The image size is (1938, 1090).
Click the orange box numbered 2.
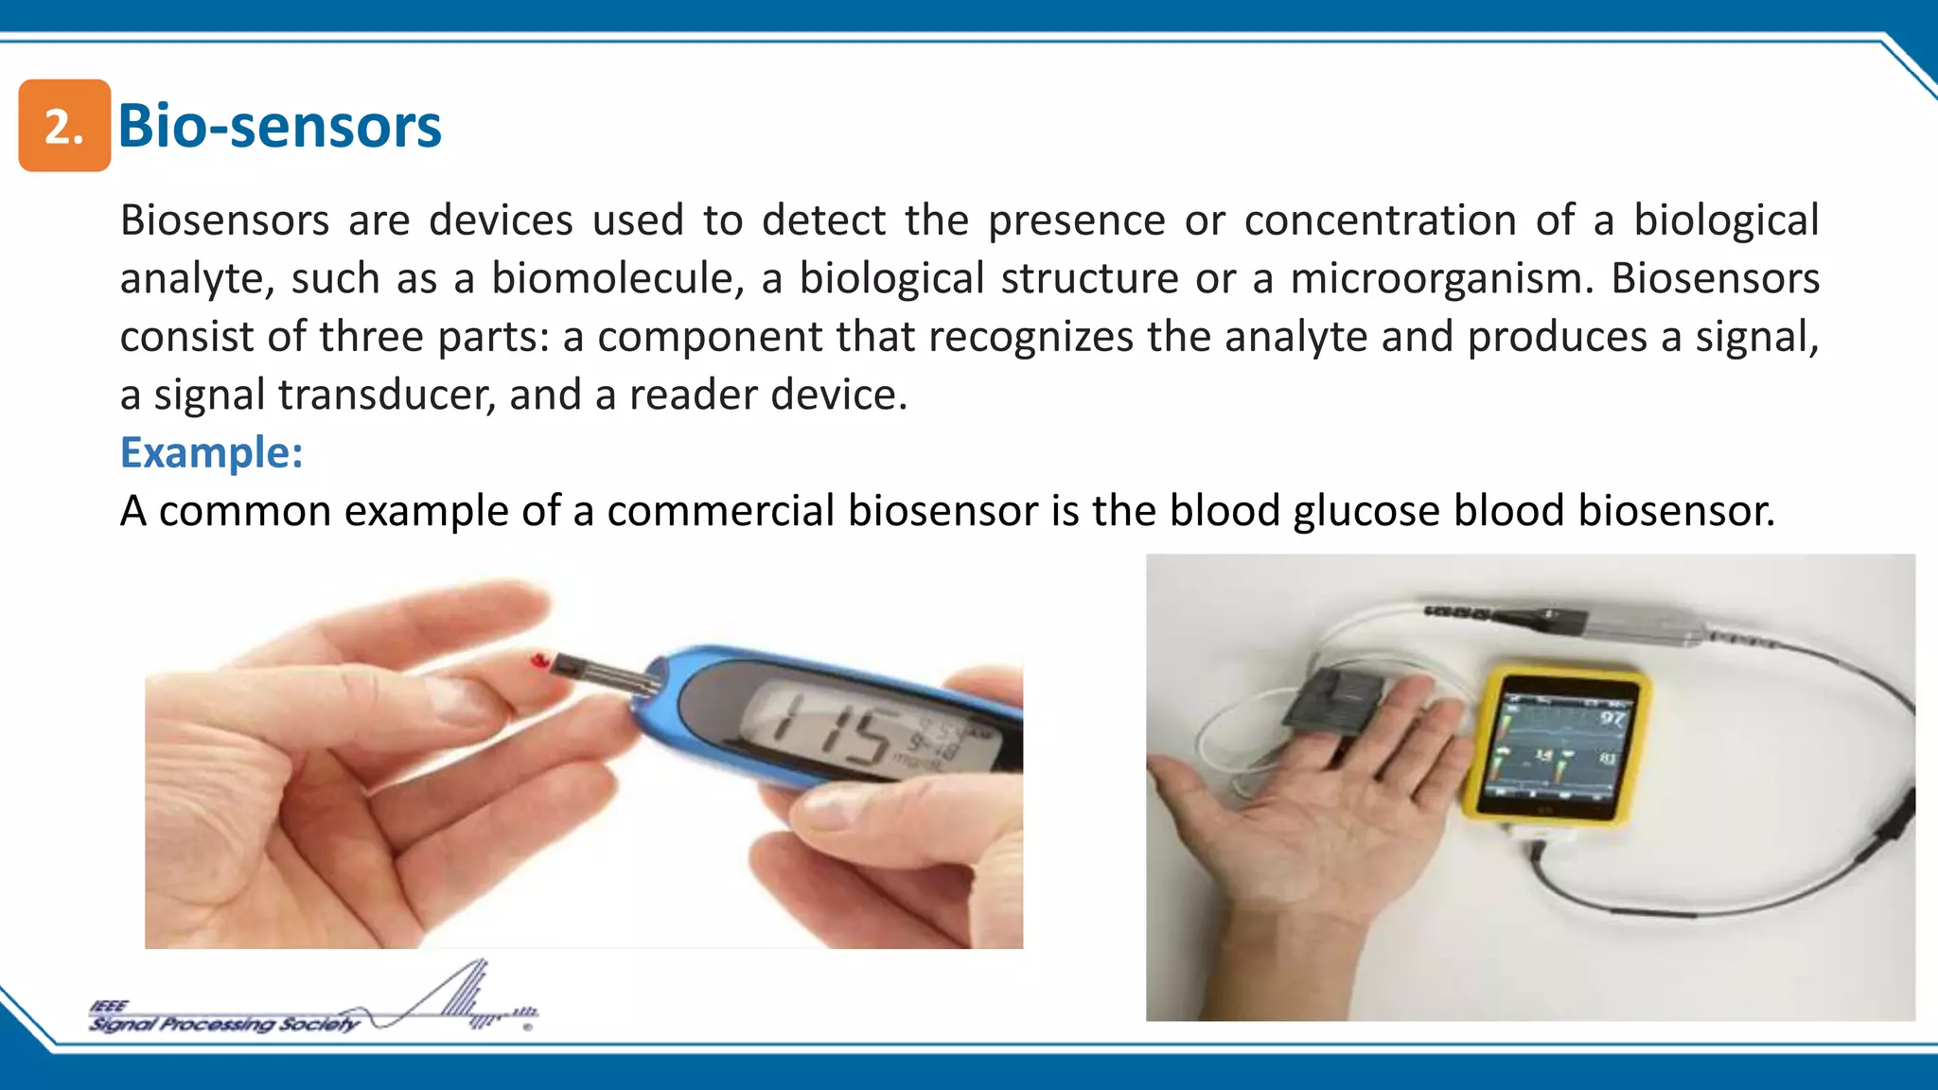(x=64, y=126)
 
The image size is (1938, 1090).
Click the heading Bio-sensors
(x=279, y=126)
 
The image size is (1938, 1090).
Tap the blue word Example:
(x=211, y=452)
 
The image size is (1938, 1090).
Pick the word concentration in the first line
(x=1381, y=220)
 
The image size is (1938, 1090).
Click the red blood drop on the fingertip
(x=539, y=660)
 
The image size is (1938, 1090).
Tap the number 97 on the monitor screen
(x=1612, y=718)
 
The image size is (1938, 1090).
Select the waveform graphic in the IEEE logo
(x=454, y=998)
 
